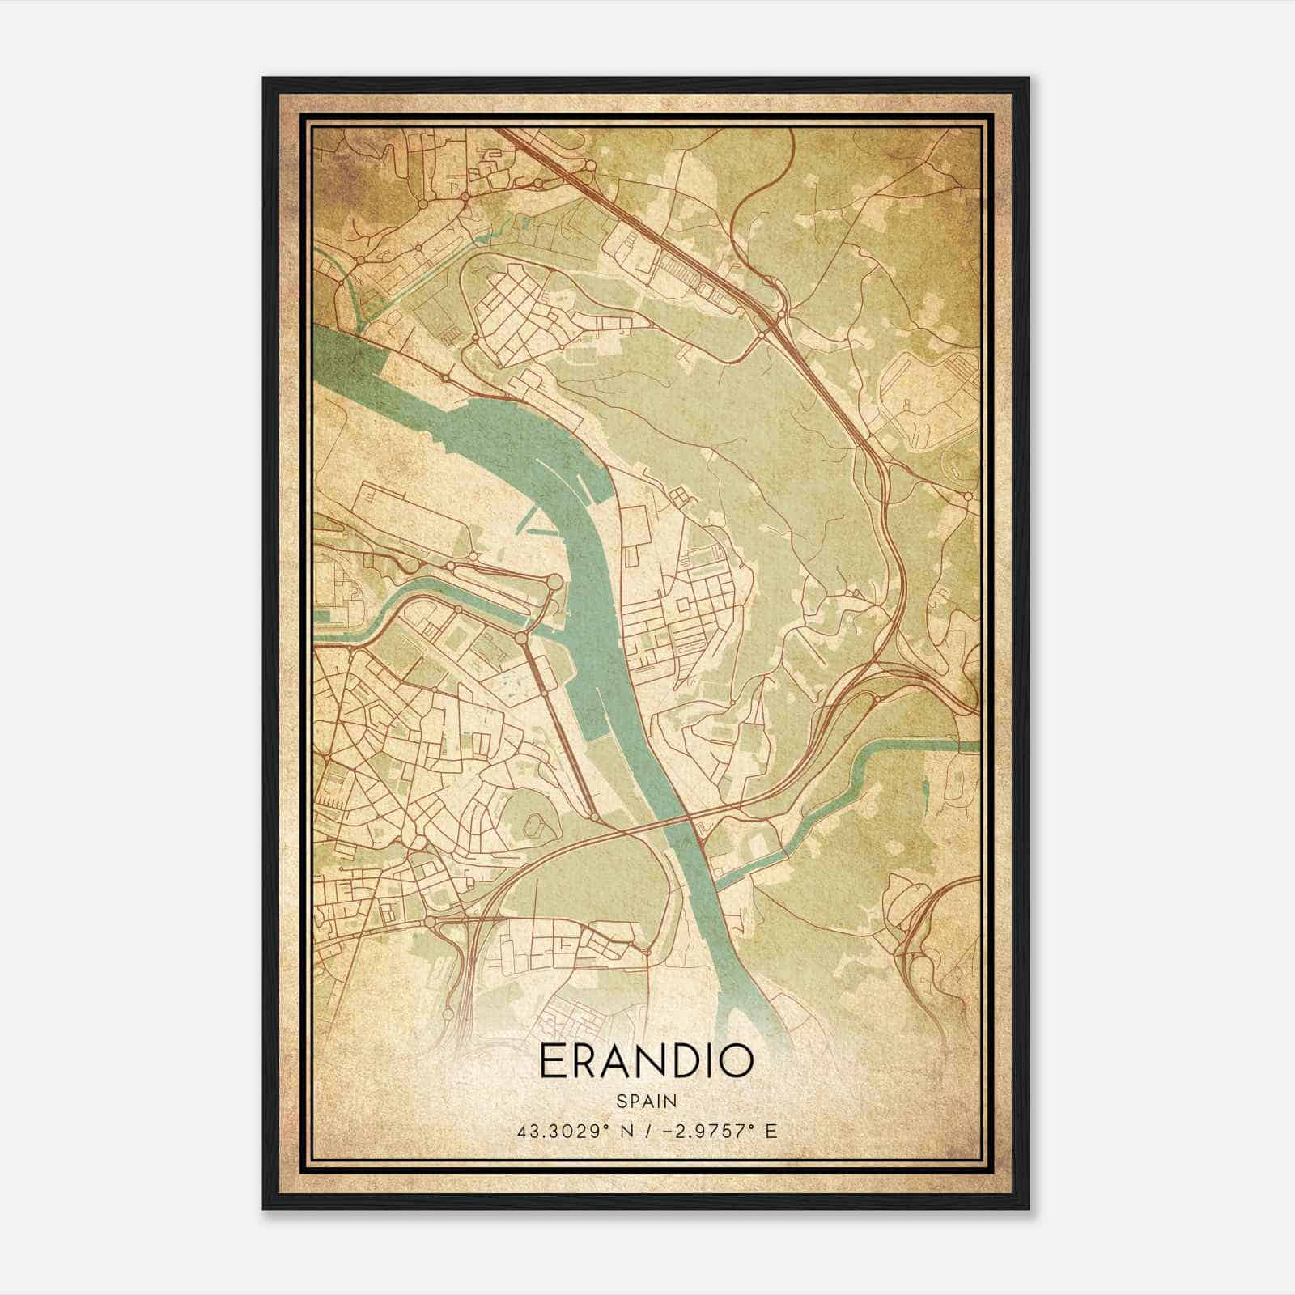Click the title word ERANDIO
click(646, 1062)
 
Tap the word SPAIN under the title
click(646, 1101)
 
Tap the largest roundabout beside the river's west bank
click(554, 582)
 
